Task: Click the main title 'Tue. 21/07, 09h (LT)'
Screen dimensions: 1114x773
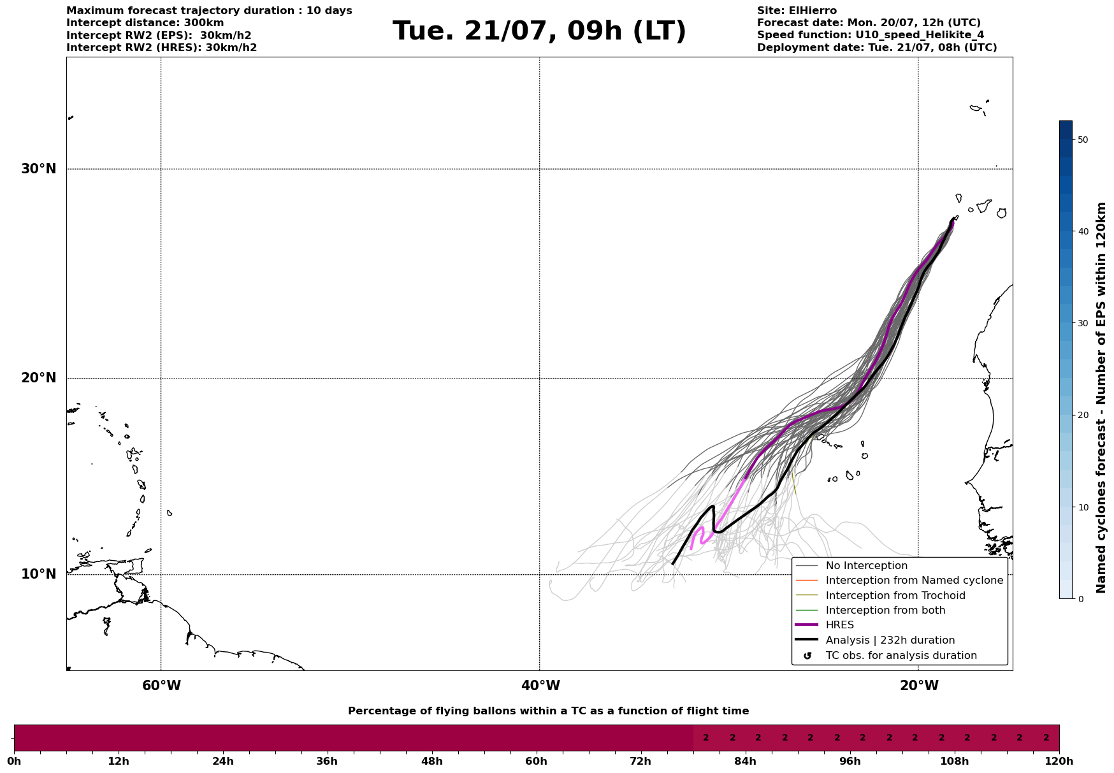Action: coord(539,31)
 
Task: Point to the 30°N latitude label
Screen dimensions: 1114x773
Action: coord(39,169)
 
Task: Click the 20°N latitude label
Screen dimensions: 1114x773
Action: coord(39,378)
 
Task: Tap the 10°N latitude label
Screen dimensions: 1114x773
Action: coord(39,574)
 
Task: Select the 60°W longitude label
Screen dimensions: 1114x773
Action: coord(161,686)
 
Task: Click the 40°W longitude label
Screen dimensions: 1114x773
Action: coord(540,686)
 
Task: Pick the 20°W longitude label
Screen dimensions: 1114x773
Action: coord(919,686)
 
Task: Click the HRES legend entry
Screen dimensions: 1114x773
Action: coord(840,625)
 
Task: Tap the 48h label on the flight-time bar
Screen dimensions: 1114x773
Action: coord(431,761)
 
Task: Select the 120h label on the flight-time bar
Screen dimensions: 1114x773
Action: coord(1059,761)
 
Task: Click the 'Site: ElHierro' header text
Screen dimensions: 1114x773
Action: coord(797,11)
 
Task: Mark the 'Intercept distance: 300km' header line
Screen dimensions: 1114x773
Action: coord(145,23)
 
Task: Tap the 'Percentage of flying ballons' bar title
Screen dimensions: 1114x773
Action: coord(548,711)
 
